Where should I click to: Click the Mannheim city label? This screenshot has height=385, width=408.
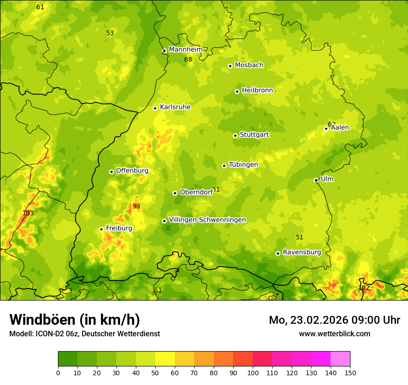[186, 50]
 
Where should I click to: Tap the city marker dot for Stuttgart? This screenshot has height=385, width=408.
[235, 135]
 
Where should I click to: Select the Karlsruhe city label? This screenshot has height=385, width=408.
[175, 107]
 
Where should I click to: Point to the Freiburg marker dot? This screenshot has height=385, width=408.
[101, 229]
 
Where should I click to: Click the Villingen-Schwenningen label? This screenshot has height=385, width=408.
[207, 220]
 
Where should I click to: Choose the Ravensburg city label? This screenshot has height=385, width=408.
[302, 252]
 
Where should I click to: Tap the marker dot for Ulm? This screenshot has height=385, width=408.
[316, 180]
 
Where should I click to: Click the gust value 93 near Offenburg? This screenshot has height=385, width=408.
[136, 206]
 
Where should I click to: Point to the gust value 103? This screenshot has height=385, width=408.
[28, 213]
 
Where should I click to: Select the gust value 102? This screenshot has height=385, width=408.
[364, 288]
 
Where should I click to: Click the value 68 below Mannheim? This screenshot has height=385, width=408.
[188, 60]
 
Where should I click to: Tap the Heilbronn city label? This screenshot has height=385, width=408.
[257, 90]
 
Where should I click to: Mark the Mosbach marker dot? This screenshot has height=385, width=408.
[230, 66]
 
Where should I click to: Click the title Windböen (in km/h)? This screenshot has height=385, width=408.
[75, 320]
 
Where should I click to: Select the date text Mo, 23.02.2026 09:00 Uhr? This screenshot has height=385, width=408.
[334, 320]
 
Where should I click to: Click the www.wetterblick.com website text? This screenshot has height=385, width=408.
[334, 334]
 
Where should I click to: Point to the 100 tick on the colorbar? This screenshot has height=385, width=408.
[253, 372]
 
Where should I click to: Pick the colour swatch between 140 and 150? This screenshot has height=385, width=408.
[340, 359]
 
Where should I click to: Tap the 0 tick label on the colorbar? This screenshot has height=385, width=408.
[58, 372]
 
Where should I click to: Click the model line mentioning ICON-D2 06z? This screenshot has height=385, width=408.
[84, 334]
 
